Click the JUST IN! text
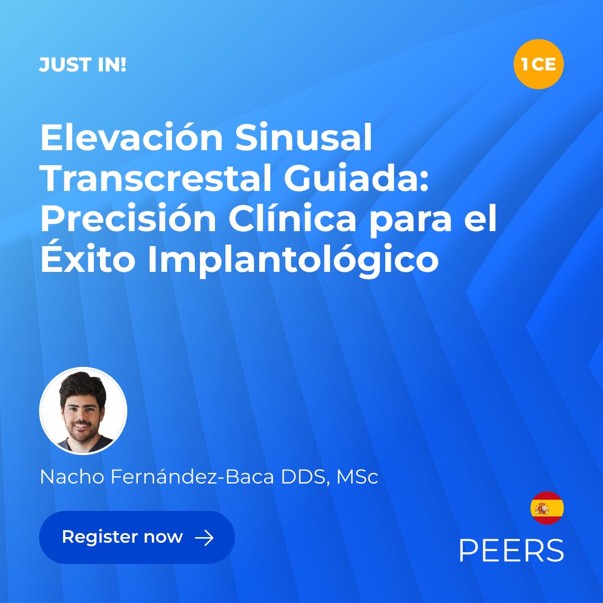click(x=83, y=65)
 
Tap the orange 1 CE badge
click(x=538, y=64)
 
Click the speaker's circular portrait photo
click(x=83, y=411)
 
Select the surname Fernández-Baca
click(x=192, y=476)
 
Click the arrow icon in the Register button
click(x=204, y=538)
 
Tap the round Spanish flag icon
click(x=547, y=508)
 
